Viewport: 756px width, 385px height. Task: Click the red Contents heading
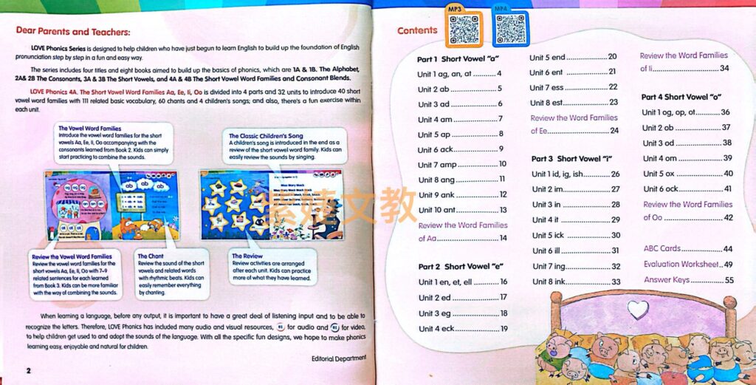click(417, 31)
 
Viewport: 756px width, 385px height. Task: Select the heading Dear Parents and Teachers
click(73, 32)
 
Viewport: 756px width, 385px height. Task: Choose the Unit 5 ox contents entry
click(687, 174)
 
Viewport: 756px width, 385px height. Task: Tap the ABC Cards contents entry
click(687, 249)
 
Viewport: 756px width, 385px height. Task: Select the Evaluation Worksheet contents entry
click(687, 265)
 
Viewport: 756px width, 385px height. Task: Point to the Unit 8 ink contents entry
click(576, 282)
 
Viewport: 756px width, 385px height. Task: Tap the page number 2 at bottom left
click(28, 369)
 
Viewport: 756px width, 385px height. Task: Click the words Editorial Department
click(334, 358)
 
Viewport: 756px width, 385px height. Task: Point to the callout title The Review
click(247, 256)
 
